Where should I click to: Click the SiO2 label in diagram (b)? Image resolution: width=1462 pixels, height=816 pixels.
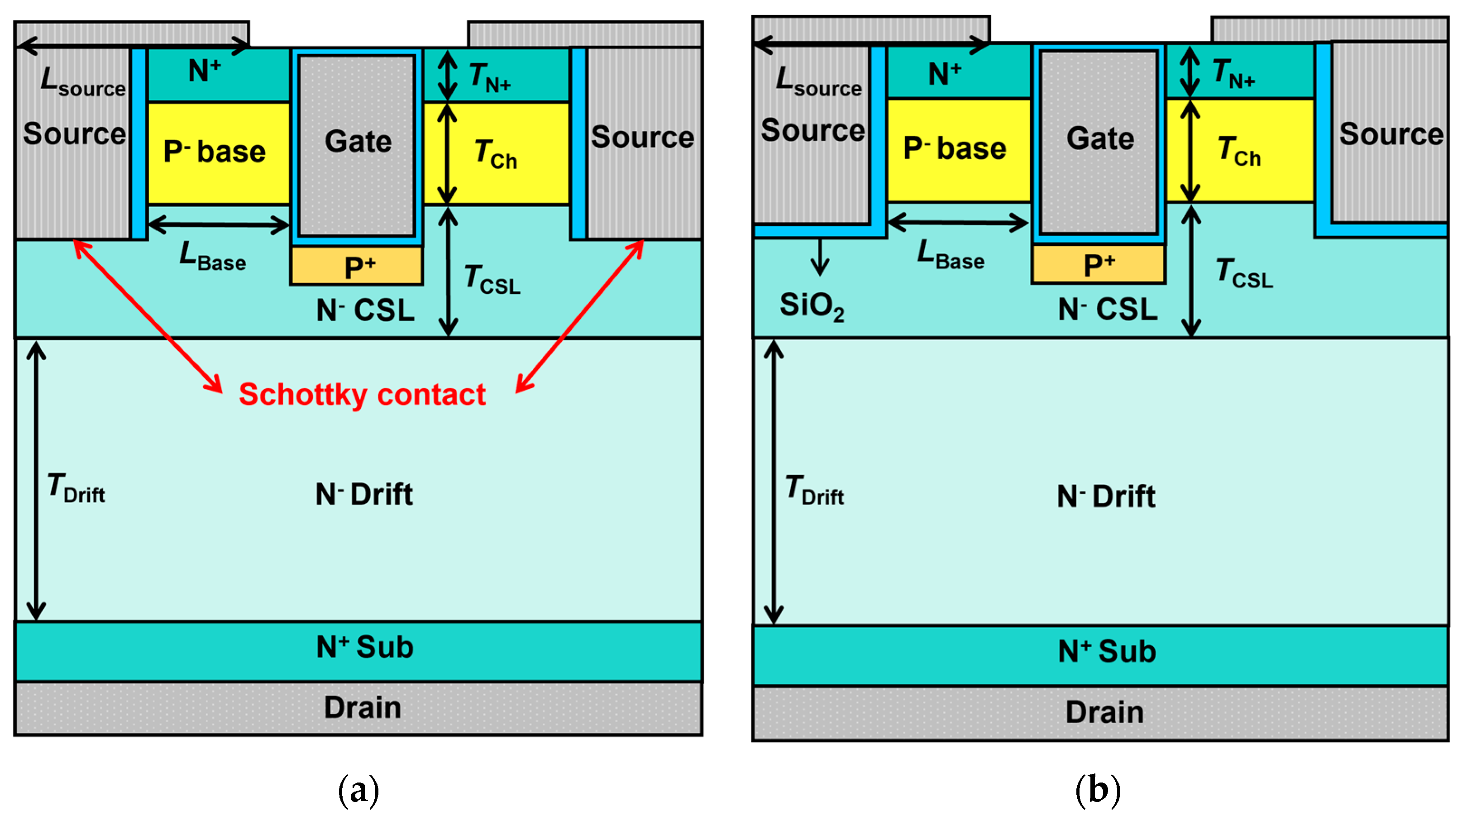812,306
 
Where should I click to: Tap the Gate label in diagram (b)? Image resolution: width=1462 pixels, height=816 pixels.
1100,138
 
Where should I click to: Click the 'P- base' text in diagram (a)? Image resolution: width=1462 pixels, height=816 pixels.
215,152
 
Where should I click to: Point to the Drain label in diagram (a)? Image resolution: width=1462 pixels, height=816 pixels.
362,708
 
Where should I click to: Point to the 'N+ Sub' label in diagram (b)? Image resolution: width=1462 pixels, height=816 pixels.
1107,651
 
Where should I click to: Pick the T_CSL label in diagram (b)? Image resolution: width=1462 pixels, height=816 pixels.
1244,273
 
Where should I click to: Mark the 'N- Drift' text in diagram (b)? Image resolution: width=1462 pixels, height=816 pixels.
1106,496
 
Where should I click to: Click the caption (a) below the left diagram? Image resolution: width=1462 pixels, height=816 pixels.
358,789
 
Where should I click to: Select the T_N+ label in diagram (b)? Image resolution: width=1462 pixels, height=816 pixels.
1233,74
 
